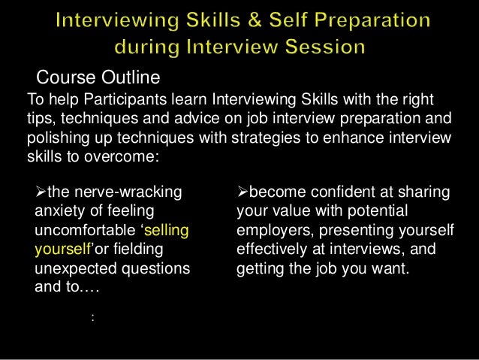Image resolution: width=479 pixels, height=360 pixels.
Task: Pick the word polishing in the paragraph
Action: point(57,140)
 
